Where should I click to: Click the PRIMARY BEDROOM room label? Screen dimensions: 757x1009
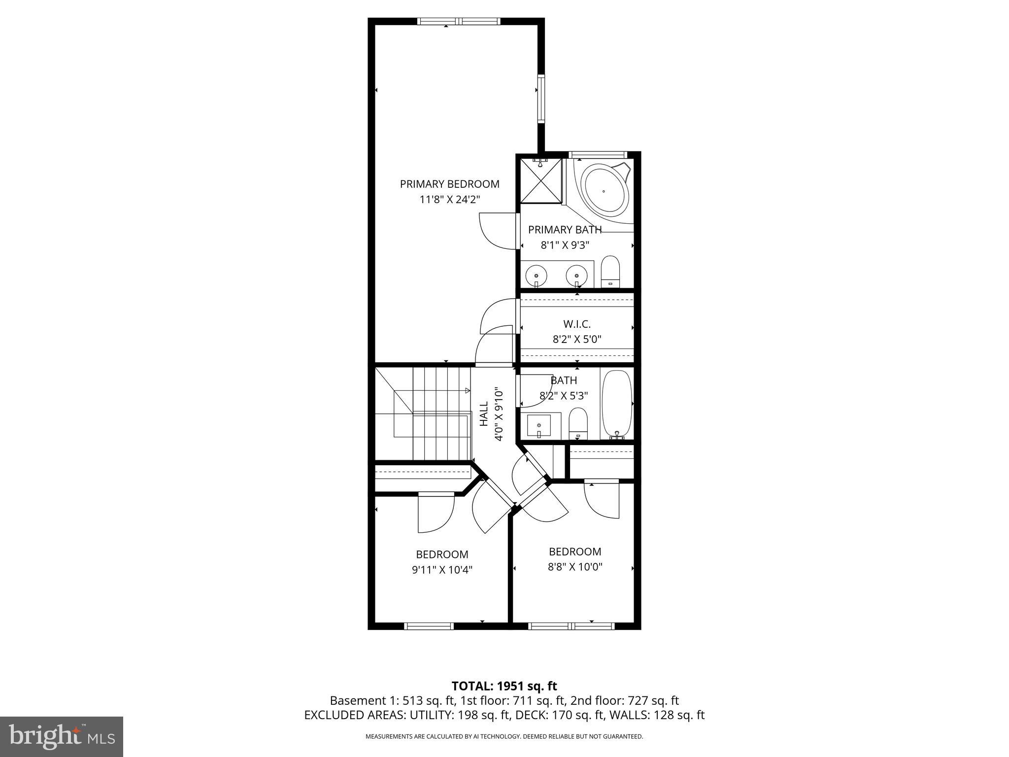coord(449,184)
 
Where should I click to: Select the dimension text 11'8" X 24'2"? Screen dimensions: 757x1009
coord(449,200)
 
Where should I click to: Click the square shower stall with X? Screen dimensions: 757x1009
coord(541,181)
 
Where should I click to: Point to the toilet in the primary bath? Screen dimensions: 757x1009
coord(610,272)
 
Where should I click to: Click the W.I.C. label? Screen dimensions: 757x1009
coord(577,324)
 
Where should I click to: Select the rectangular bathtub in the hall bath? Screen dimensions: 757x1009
coord(616,404)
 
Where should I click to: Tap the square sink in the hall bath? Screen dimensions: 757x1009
coord(539,425)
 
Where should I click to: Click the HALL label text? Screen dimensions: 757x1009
coord(484,413)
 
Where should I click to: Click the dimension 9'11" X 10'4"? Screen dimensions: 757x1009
coord(442,570)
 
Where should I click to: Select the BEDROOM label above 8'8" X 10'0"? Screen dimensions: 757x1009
coord(575,551)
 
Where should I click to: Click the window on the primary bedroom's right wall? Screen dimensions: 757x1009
coord(541,99)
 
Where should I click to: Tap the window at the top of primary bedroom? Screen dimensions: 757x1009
coord(459,21)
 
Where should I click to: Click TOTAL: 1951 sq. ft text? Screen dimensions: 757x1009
coord(504,686)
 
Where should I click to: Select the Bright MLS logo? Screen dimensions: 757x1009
coord(62,737)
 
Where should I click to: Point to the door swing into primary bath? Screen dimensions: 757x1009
coord(498,231)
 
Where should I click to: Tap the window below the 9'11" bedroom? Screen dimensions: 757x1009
coord(429,626)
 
